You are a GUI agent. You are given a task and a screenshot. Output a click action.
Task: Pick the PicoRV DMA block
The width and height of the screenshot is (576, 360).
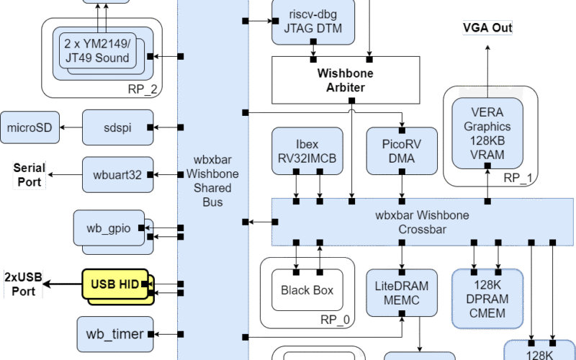click(392, 150)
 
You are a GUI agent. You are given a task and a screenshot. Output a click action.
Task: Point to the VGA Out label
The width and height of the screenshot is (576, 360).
click(487, 28)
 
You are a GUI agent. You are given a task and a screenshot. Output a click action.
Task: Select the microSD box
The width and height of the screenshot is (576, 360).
click(30, 127)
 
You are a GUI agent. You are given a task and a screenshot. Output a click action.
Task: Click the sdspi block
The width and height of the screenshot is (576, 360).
click(117, 127)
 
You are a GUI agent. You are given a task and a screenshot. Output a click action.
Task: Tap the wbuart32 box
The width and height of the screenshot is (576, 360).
click(117, 174)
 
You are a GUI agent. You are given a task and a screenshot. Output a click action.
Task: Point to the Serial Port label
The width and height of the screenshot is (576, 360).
click(30, 174)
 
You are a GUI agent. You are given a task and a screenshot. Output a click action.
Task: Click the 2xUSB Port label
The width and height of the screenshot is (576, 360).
click(22, 284)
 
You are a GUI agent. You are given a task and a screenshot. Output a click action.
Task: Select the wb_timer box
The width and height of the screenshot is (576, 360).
click(114, 333)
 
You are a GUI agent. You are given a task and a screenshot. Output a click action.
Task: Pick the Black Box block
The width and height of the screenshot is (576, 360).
click(307, 291)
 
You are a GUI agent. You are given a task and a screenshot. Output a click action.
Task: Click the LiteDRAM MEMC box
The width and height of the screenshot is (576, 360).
click(402, 293)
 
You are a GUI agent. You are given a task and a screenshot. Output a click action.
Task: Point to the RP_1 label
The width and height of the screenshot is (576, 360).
click(517, 177)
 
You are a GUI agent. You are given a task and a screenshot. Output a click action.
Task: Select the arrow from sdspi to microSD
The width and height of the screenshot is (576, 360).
click(71, 127)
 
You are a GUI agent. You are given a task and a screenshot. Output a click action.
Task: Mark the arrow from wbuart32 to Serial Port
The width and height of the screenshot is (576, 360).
click(65, 174)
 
